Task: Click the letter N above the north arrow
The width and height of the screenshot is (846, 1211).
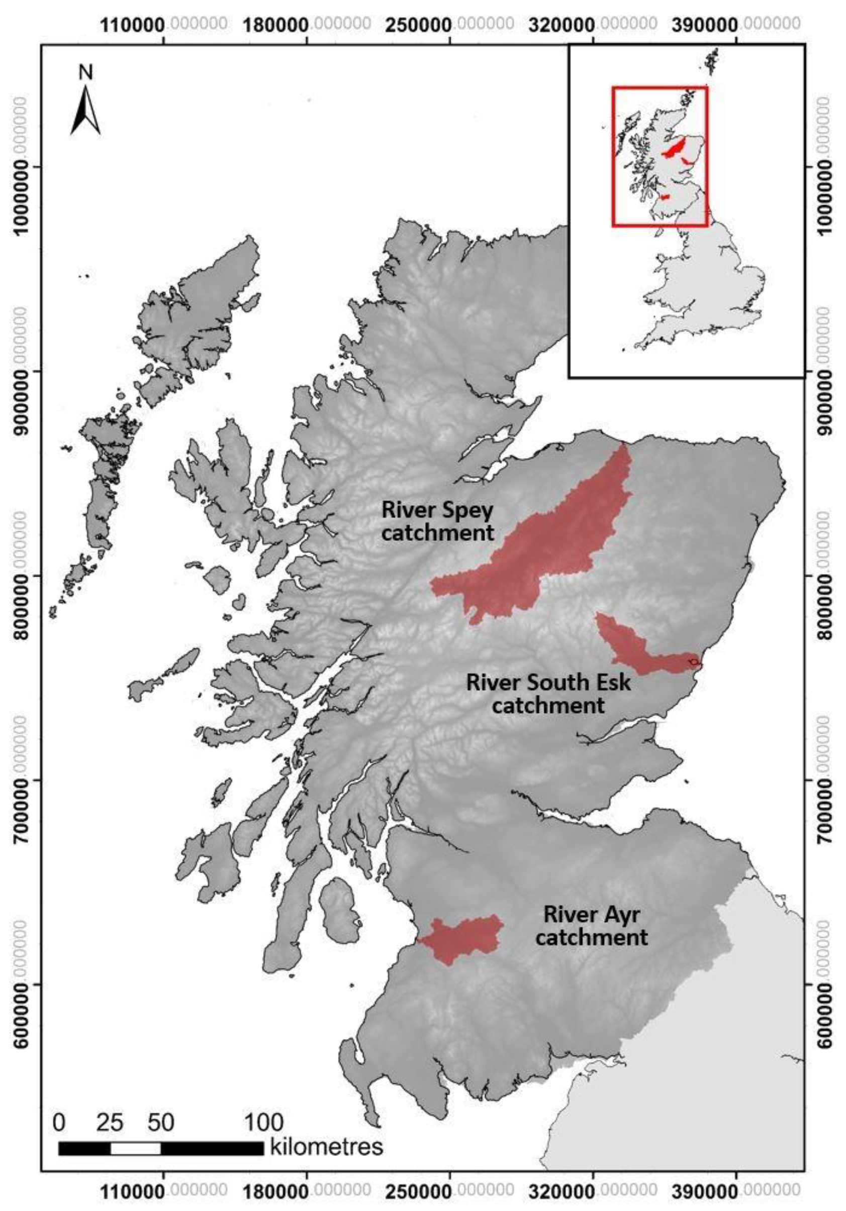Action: pos(85,72)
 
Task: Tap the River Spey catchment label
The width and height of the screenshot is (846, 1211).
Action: pos(437,521)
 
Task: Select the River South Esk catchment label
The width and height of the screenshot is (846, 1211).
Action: pos(548,693)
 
